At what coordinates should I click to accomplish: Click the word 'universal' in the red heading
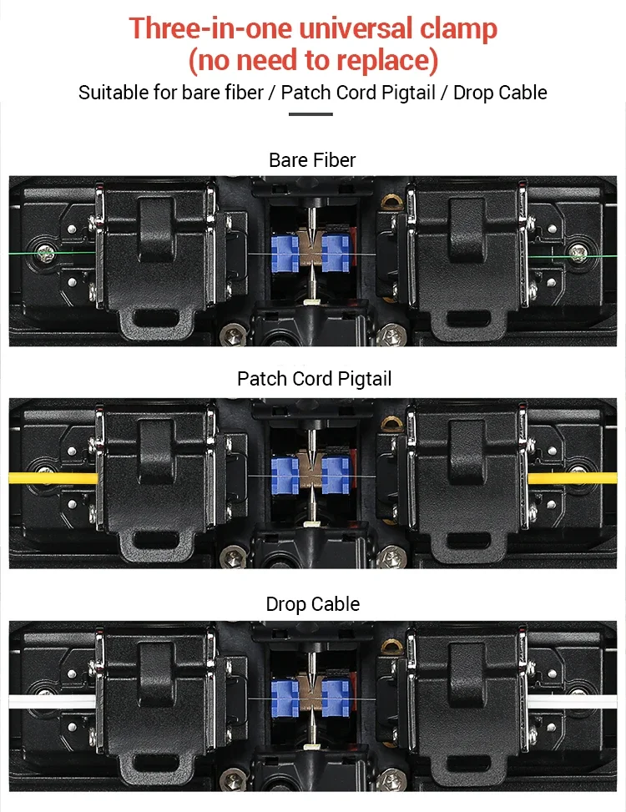pyautogui.click(x=356, y=28)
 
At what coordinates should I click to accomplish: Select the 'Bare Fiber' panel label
pyautogui.click(x=312, y=160)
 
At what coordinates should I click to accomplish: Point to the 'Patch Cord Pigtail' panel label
pyautogui.click(x=315, y=379)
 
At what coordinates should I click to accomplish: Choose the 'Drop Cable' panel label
pyautogui.click(x=313, y=604)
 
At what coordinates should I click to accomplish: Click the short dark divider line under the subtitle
pyautogui.click(x=310, y=114)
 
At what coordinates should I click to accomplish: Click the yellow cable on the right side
pyautogui.click(x=572, y=477)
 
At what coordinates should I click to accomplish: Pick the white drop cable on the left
pyautogui.click(x=53, y=701)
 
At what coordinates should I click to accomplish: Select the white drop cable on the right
pyautogui.click(x=573, y=701)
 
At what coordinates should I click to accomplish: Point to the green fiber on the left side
pyautogui.click(x=52, y=253)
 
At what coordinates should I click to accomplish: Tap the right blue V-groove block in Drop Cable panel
pyautogui.click(x=336, y=699)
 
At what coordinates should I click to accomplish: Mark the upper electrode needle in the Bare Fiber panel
pyautogui.click(x=311, y=221)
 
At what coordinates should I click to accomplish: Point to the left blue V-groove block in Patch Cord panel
pyautogui.click(x=285, y=476)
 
